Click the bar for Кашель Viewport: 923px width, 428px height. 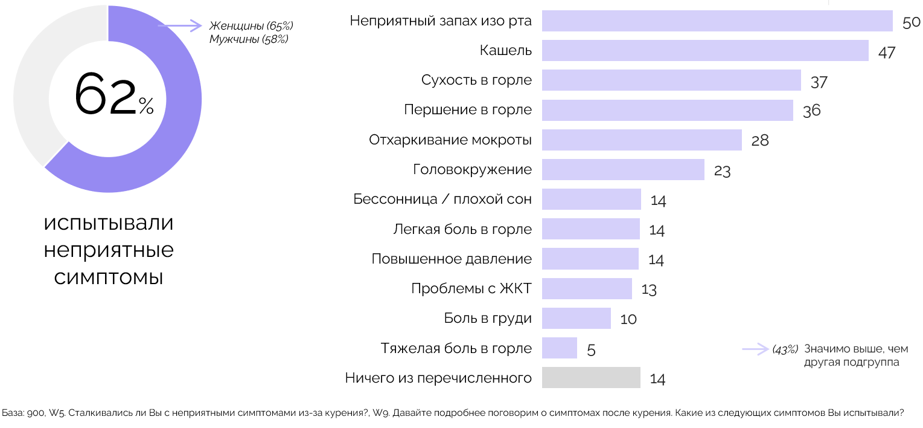(x=704, y=51)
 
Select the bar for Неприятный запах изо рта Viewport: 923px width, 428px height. (x=717, y=21)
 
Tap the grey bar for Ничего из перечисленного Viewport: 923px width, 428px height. (x=591, y=378)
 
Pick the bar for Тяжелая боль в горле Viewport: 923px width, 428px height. (x=560, y=348)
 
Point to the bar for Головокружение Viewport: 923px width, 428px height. (x=623, y=170)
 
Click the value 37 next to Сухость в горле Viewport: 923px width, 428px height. (x=819, y=82)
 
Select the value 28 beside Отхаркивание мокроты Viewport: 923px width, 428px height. (x=760, y=141)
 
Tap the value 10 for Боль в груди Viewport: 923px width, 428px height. (x=628, y=319)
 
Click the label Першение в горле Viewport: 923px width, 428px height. (x=468, y=110)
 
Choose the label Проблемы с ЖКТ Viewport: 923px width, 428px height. (x=471, y=288)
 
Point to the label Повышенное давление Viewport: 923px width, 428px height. (x=452, y=259)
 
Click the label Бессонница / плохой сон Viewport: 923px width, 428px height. (x=442, y=199)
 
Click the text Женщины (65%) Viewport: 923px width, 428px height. (x=251, y=26)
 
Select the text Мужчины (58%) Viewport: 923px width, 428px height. (x=249, y=39)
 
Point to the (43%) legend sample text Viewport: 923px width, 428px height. (x=785, y=349)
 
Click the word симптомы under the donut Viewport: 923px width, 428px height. (x=109, y=277)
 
